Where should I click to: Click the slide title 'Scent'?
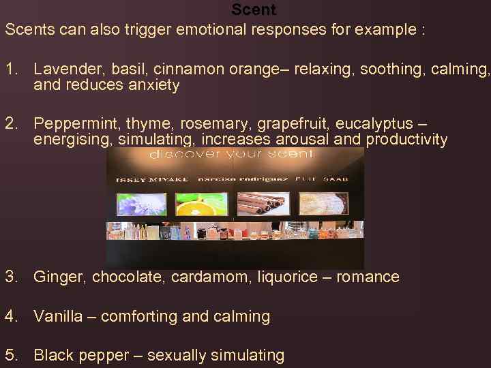254,10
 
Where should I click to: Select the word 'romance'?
368,277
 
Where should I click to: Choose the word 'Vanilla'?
59,316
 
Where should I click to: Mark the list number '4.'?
12,316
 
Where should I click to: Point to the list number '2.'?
12,123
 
